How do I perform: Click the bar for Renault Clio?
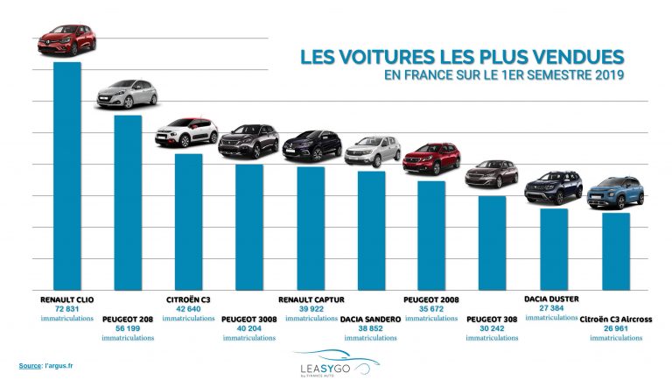point(67,175)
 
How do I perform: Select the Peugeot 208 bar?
point(128,202)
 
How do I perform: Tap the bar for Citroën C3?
point(188,222)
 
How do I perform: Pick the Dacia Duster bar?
point(553,249)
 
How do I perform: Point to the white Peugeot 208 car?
point(127,93)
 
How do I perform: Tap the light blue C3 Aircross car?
point(615,193)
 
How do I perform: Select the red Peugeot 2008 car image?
point(430,158)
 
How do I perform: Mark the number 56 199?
point(128,328)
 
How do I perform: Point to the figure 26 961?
point(615,328)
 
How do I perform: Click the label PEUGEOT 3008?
point(249,320)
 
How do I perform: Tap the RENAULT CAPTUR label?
point(310,299)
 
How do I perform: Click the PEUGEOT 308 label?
point(493,320)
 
